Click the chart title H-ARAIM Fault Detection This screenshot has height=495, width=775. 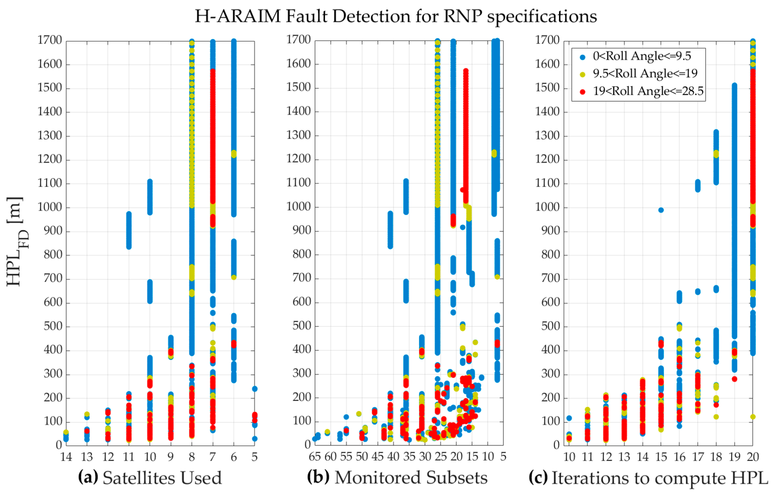coord(396,16)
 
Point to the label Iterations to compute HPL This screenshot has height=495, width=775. coord(659,478)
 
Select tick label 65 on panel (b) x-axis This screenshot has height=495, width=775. coord(315,457)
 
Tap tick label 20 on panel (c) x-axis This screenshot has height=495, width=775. coord(753,457)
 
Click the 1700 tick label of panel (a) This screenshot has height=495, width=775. coord(50,40)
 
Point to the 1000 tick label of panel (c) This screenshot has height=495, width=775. coord(547,207)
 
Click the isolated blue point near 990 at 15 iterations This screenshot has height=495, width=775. coord(661,210)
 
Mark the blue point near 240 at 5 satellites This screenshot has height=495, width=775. coord(254,389)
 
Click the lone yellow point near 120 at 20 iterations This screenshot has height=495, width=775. coord(753,417)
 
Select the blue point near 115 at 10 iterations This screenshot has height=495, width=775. coord(569,418)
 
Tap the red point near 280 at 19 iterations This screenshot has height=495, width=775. coord(735,379)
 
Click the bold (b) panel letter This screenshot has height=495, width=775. coord(318,477)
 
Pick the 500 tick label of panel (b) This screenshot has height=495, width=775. coord(301,326)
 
